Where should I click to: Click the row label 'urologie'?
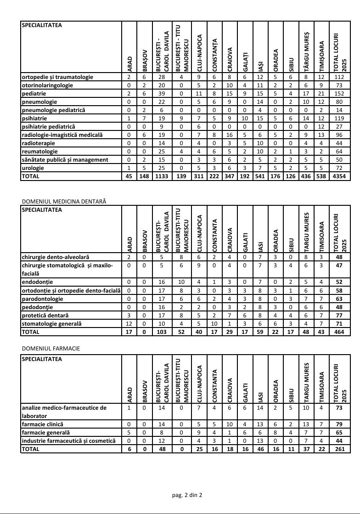(x=33, y=168)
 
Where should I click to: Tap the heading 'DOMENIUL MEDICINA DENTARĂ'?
(x=64, y=201)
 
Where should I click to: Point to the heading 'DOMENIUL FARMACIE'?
(x=51, y=349)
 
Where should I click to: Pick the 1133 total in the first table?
(x=162, y=176)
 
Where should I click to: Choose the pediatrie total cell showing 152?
(x=339, y=94)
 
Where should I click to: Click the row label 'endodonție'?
(x=38, y=282)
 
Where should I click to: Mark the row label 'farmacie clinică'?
(x=43, y=424)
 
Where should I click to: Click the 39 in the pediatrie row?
(x=162, y=94)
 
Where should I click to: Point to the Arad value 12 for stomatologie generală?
(x=129, y=323)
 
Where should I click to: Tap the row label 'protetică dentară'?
(x=45, y=315)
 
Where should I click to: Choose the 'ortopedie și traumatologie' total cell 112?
(x=339, y=77)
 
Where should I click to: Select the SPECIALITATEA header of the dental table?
(x=42, y=210)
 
